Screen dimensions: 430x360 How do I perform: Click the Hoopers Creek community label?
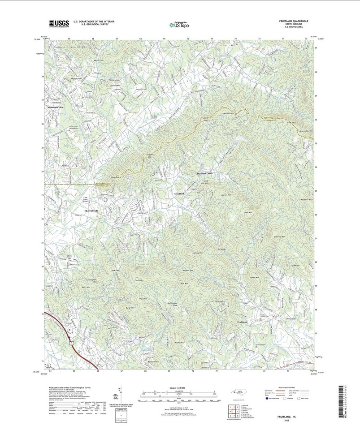204,173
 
